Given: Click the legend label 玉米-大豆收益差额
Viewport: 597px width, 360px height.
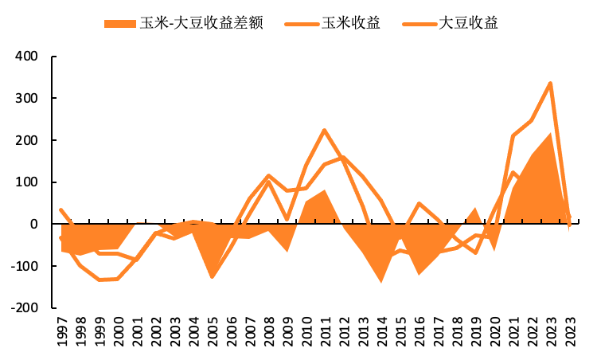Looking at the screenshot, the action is [x=201, y=23].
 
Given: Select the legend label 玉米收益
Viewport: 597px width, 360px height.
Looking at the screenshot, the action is [x=351, y=23].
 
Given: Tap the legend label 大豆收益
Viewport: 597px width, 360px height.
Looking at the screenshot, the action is [x=468, y=23].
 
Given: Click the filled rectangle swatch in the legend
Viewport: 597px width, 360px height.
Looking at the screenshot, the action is [x=120, y=24].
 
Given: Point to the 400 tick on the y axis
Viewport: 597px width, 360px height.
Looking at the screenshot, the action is [x=26, y=57].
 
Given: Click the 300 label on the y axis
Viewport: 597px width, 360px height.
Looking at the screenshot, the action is [x=26, y=98].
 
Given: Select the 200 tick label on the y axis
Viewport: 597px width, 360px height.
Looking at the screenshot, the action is [x=26, y=140].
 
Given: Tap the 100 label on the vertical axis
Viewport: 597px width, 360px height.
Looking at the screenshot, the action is [x=26, y=182].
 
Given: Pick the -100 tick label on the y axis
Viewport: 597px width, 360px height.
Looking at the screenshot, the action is [x=25, y=266].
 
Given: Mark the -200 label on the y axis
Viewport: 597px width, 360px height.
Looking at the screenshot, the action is [x=25, y=307].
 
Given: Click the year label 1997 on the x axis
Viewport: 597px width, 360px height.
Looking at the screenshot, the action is [x=61, y=331].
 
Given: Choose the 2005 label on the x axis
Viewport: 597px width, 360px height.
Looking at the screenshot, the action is [x=213, y=331].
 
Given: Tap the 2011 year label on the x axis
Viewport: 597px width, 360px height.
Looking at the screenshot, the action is [x=326, y=331].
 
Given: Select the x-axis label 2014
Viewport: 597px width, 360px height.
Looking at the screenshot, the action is [x=382, y=331].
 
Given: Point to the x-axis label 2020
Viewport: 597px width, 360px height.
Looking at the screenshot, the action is [x=495, y=331].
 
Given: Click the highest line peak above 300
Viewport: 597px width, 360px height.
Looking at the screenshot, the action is [x=550, y=84].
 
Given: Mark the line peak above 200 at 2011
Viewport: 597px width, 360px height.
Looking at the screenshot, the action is [x=325, y=131].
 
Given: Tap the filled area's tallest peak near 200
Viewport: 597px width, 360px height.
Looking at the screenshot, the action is [x=550, y=134].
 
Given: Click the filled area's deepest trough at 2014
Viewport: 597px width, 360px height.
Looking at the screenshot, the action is [x=381, y=282].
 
